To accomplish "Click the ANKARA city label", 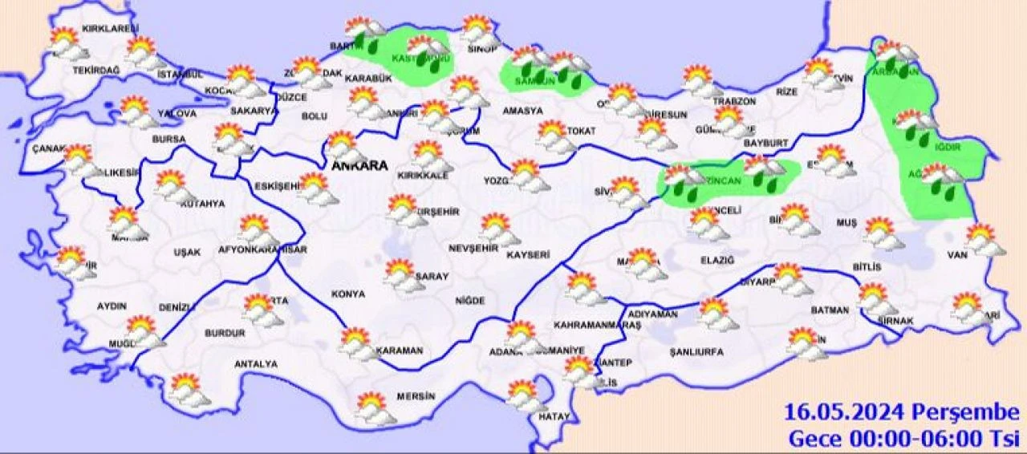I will (x=359, y=166).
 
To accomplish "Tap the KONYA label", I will (x=347, y=294).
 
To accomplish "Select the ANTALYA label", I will (x=255, y=364).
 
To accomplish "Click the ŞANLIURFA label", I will (x=696, y=351).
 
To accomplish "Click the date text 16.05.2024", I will (x=845, y=413).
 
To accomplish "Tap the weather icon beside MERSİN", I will (x=375, y=408).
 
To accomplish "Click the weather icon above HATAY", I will (x=526, y=395).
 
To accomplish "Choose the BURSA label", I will (x=168, y=139).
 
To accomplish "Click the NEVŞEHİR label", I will (x=474, y=249).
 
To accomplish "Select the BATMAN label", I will (x=830, y=309).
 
